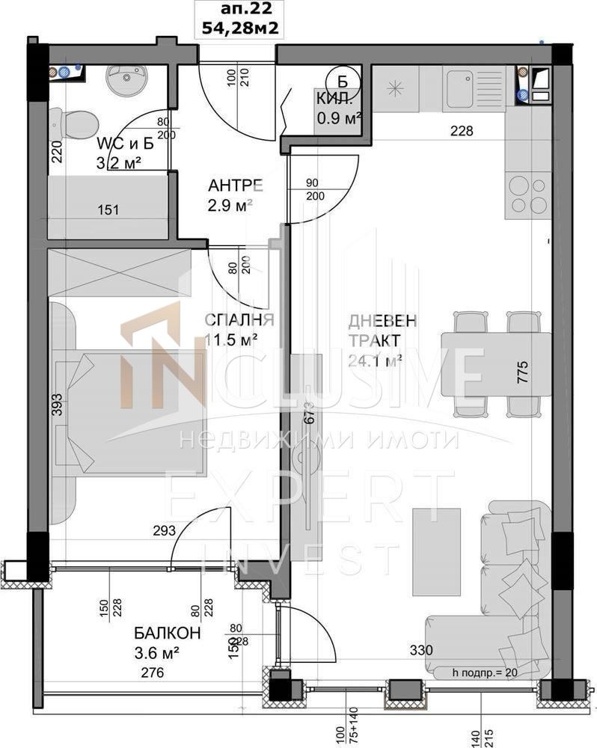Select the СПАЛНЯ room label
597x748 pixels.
(x=239, y=320)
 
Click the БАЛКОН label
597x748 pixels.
(x=168, y=634)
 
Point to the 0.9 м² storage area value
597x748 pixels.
(x=339, y=117)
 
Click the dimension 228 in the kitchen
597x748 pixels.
(x=462, y=131)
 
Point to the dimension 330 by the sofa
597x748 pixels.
(x=420, y=650)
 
